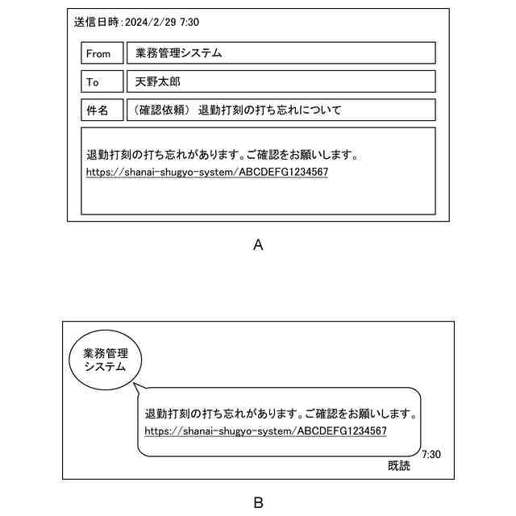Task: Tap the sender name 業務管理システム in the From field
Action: (x=178, y=53)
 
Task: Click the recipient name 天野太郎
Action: (x=158, y=81)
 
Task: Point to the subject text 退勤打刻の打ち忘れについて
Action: (x=269, y=110)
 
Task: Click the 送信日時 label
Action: (x=97, y=23)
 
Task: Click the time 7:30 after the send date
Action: (x=189, y=23)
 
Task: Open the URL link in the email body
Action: (x=207, y=173)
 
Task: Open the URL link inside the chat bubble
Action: (x=265, y=431)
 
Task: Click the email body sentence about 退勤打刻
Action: (x=222, y=155)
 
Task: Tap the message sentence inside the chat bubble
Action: (x=280, y=414)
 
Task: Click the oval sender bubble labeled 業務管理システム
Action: (x=106, y=360)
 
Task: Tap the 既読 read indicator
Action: (x=398, y=465)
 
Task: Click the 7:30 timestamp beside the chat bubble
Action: (x=431, y=454)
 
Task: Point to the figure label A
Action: (x=258, y=245)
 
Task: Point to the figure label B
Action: (x=258, y=502)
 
